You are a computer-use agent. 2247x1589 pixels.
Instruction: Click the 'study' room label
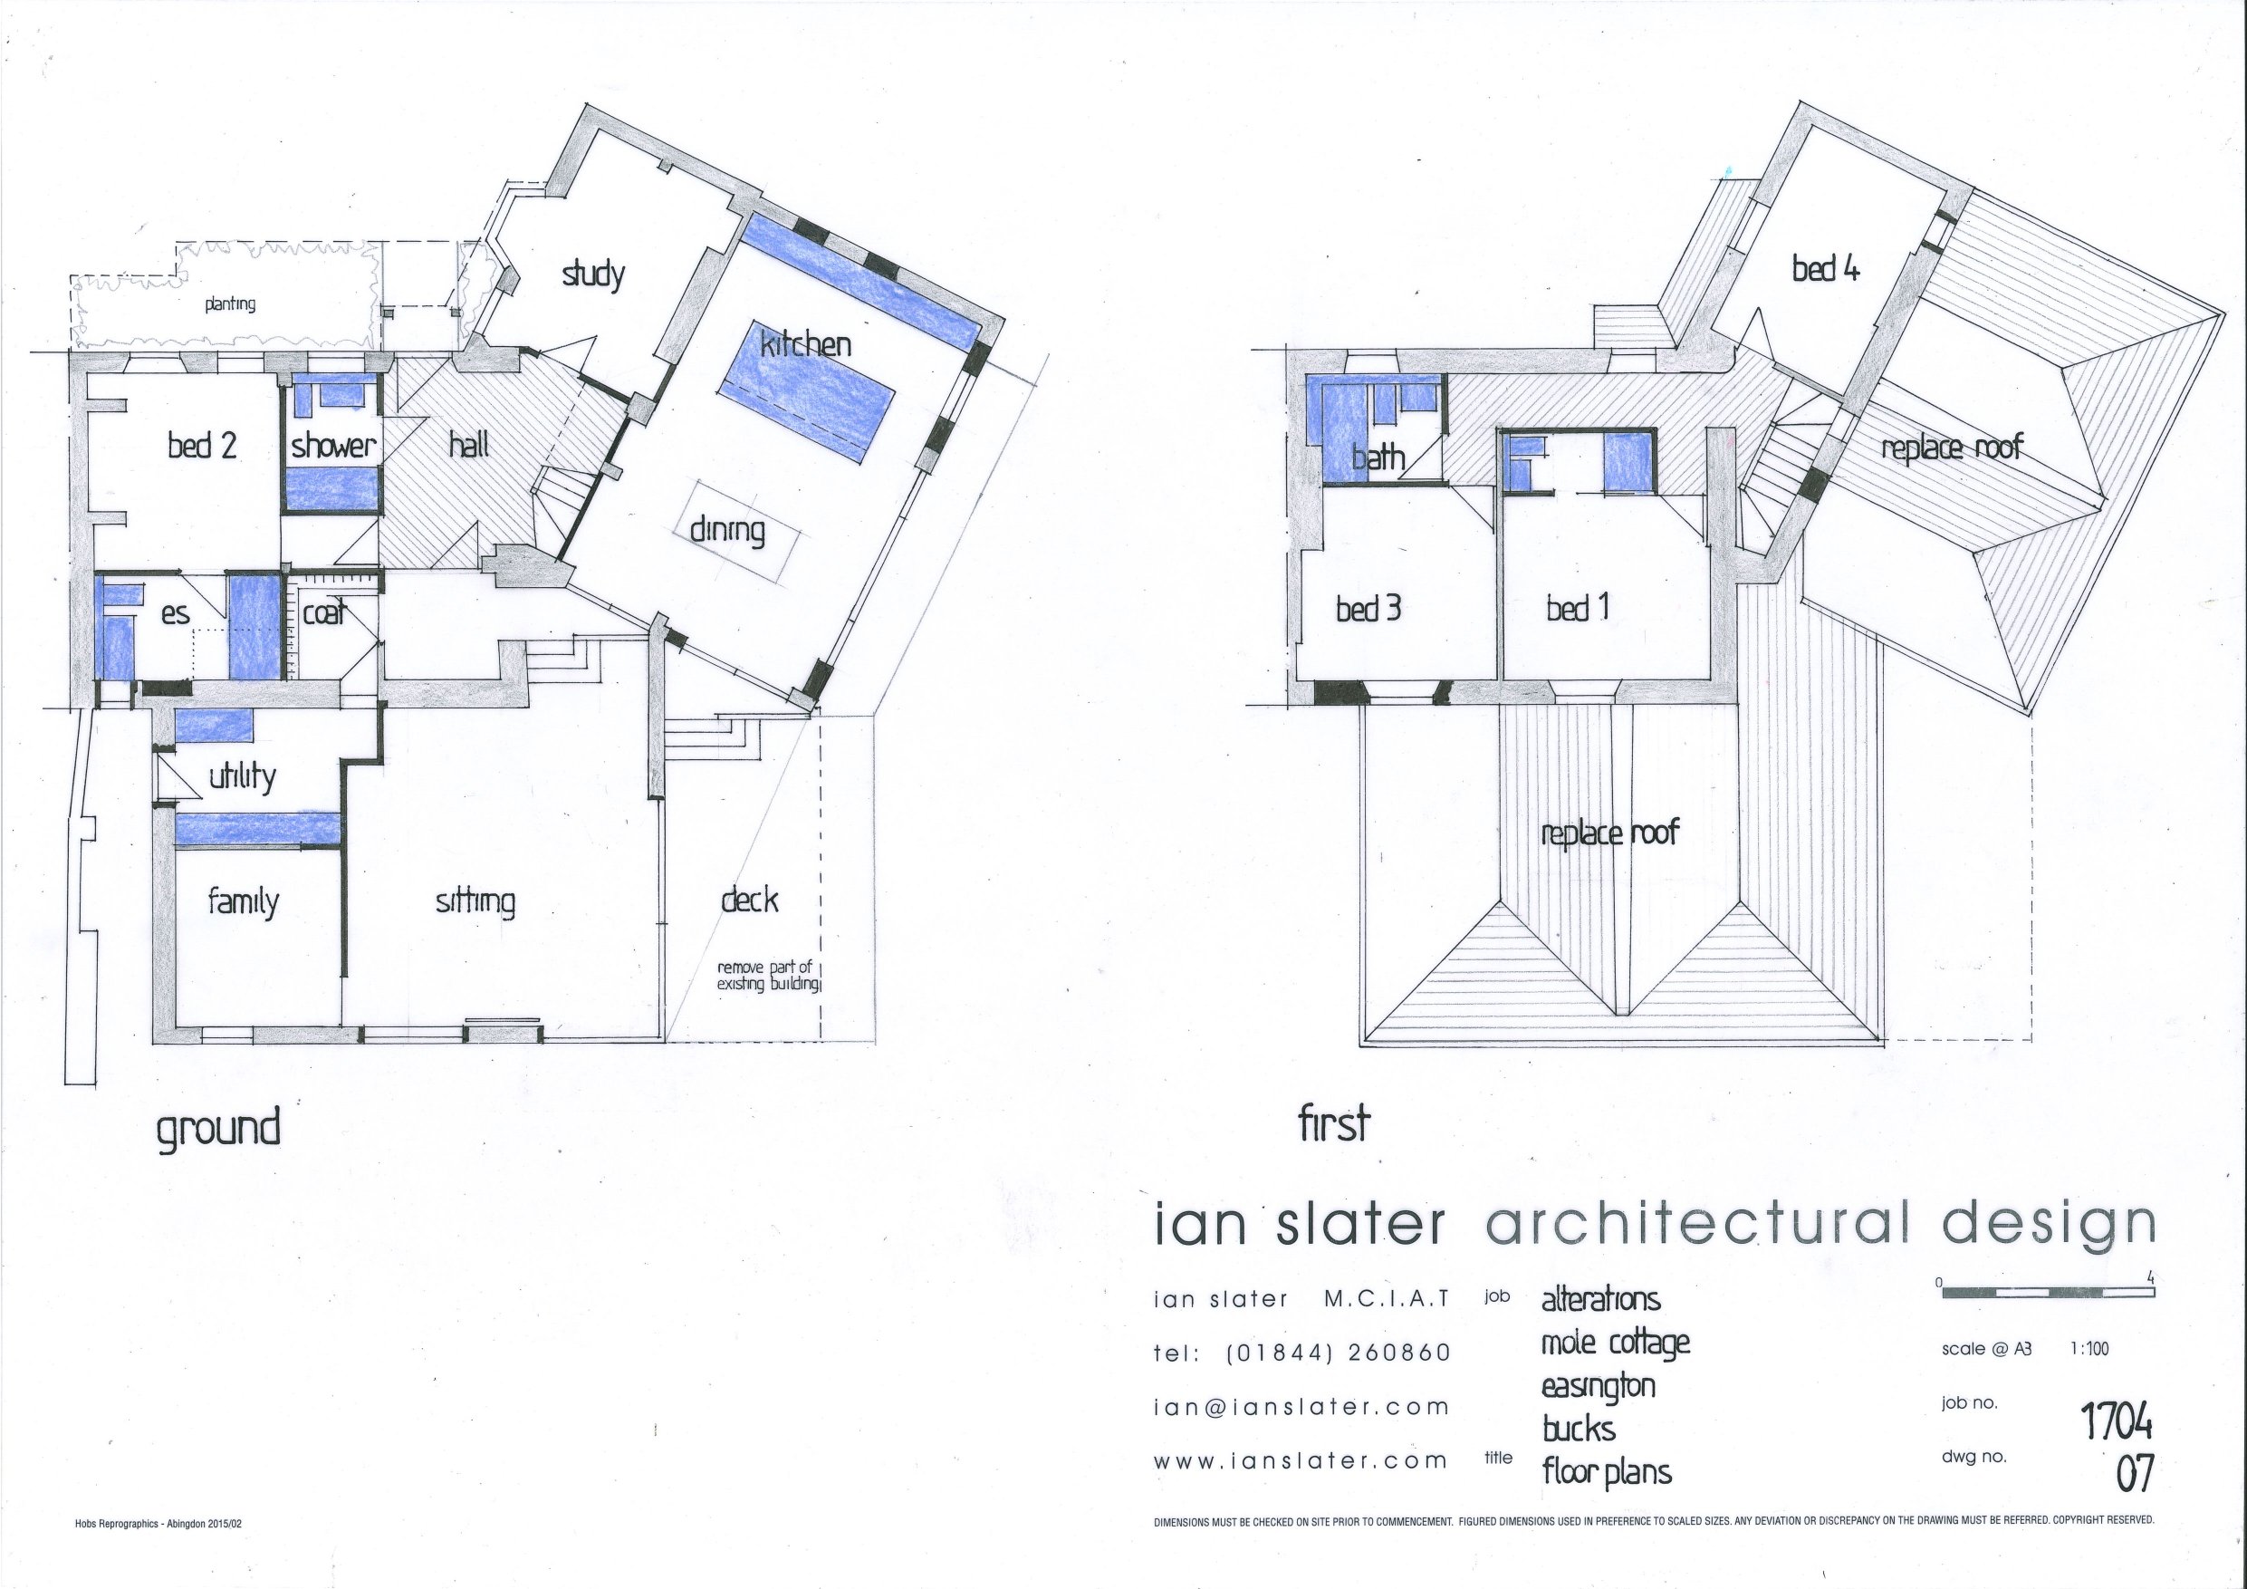pos(593,274)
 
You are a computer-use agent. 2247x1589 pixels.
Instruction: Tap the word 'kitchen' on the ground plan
pos(805,343)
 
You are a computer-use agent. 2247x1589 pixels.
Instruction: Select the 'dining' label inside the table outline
pos(727,532)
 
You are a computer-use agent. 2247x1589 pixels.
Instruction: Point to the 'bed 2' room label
pos(202,446)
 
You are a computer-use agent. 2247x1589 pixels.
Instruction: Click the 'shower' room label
pos(332,446)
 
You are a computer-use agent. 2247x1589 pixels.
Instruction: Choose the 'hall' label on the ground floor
pos(469,446)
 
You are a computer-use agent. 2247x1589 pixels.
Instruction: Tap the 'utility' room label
pos(242,776)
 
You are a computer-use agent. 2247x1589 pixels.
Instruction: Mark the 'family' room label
pos(243,901)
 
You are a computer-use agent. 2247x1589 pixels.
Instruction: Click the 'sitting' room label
pos(475,901)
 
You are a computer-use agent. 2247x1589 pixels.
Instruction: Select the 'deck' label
pos(750,900)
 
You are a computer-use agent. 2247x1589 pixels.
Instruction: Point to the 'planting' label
pos(230,304)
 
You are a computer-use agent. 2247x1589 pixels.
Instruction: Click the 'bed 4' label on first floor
pos(1825,268)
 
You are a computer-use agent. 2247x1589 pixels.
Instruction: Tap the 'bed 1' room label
pos(1578,609)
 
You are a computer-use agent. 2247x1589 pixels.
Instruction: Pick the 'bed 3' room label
pos(1368,609)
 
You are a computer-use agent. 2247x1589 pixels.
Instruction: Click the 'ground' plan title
pos(218,1128)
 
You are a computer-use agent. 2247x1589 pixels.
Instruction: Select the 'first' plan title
pos(1333,1124)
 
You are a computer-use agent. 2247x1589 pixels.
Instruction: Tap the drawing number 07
pos(2135,1475)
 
